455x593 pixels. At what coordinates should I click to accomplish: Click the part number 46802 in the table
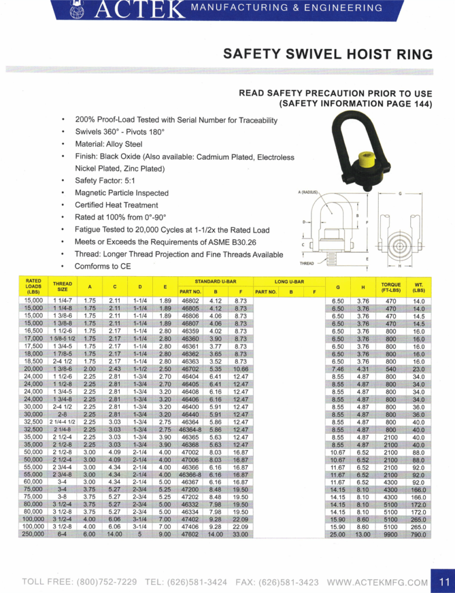pos(190,301)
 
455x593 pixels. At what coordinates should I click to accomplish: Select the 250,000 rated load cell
pos(33,534)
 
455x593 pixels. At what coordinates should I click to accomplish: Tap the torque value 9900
pos(391,534)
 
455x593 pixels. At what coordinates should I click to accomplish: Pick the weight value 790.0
pos(419,534)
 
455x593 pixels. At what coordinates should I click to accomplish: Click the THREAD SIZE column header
pos(63,287)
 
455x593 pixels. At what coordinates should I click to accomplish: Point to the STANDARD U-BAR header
pos(215,281)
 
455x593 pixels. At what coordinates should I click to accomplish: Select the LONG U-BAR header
pos(289,281)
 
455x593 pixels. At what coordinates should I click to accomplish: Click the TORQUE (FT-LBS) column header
pos(391,287)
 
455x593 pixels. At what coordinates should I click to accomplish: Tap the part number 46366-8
pos(190,474)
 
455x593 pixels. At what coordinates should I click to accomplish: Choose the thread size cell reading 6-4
pos(63,534)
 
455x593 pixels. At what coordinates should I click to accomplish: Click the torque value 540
pos(391,368)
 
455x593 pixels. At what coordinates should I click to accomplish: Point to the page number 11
pos(444,581)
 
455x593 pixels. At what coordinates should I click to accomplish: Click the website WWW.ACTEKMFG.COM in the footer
pos(377,581)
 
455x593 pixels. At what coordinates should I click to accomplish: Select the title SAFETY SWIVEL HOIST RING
pos(328,54)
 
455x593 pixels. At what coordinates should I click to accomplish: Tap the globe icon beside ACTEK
pos(76,9)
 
